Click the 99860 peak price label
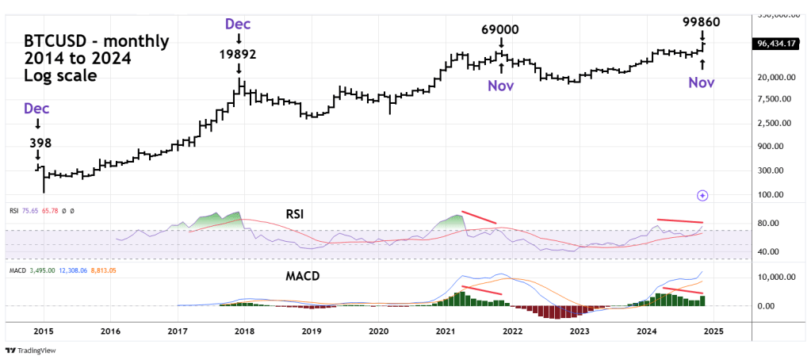(x=701, y=21)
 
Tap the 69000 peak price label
(x=500, y=29)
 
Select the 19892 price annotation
(x=238, y=55)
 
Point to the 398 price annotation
(x=37, y=143)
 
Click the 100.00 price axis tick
(x=771, y=194)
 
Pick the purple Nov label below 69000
(x=501, y=84)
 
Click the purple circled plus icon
(x=702, y=195)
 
